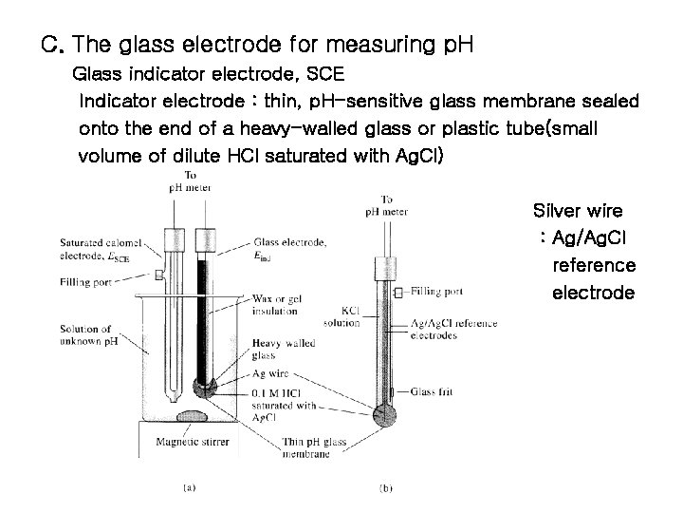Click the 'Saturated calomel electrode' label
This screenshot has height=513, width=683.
pyautogui.click(x=94, y=248)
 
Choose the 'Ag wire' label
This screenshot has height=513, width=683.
pyautogui.click(x=270, y=374)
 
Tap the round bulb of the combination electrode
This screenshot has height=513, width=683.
pyautogui.click(x=383, y=414)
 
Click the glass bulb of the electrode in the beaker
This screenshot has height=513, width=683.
pyautogui.click(x=205, y=388)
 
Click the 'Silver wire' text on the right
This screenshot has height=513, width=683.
pyautogui.click(x=578, y=211)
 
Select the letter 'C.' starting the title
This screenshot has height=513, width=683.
pyautogui.click(x=52, y=45)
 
